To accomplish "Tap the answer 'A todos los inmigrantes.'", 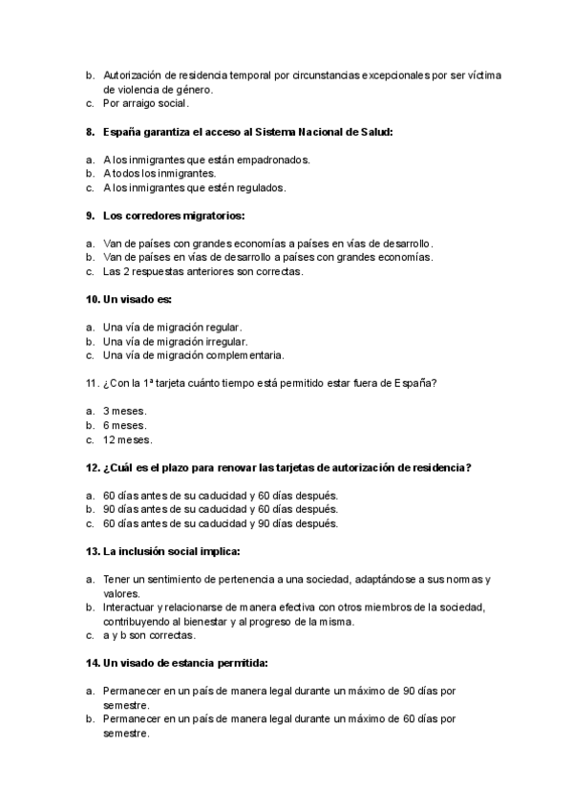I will [x=159, y=174].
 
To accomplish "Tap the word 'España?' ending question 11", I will [x=415, y=383].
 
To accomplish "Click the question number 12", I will [x=93, y=467].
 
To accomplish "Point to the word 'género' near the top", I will [x=192, y=89].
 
